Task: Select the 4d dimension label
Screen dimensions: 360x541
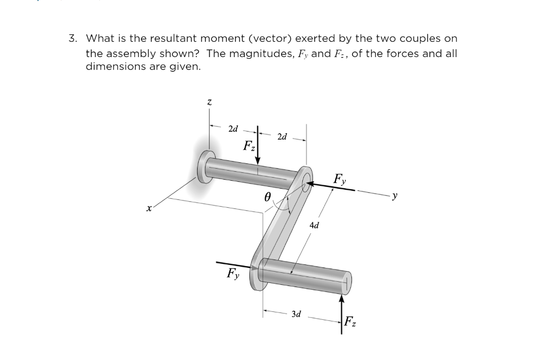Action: tap(314, 225)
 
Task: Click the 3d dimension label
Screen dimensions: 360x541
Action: tap(296, 314)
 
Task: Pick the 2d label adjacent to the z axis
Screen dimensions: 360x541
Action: tap(233, 128)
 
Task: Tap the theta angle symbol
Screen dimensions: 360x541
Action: tap(267, 196)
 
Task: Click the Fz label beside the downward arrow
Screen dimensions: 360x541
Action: tap(249, 146)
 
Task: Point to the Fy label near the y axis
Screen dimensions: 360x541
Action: tap(340, 179)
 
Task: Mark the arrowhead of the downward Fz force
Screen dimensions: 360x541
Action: tap(258, 160)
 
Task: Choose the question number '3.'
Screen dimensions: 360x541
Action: tap(73, 39)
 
